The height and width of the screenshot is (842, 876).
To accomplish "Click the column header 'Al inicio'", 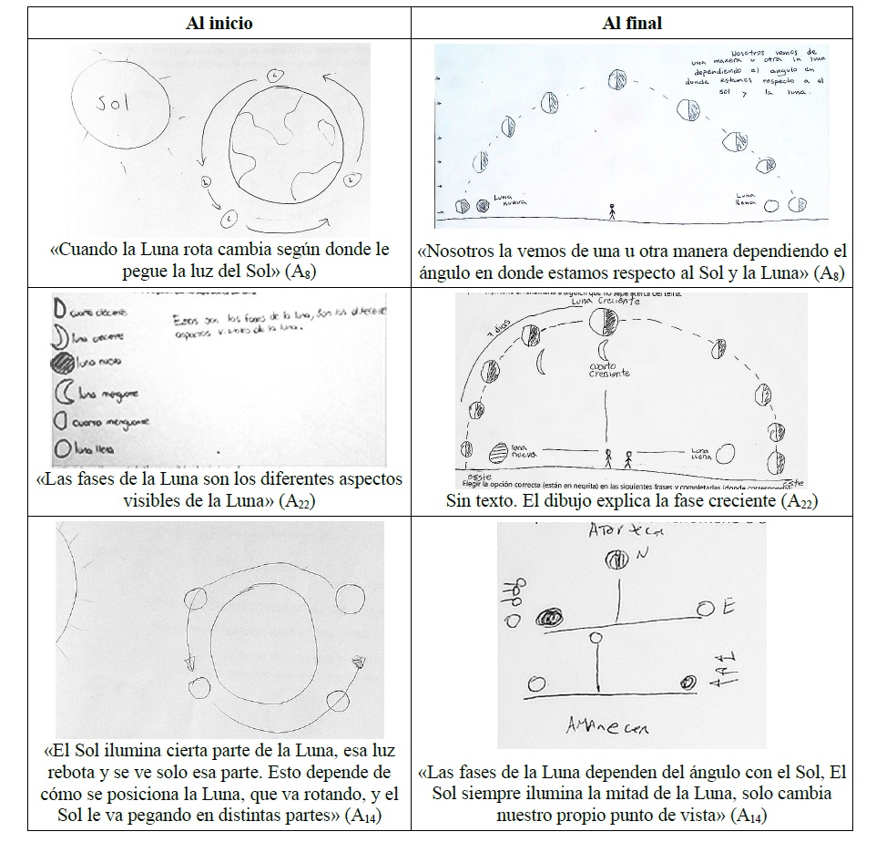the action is point(219,24).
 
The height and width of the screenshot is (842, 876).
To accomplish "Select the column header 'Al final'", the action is point(632,24).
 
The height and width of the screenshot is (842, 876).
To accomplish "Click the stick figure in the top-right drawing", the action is point(612,212).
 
